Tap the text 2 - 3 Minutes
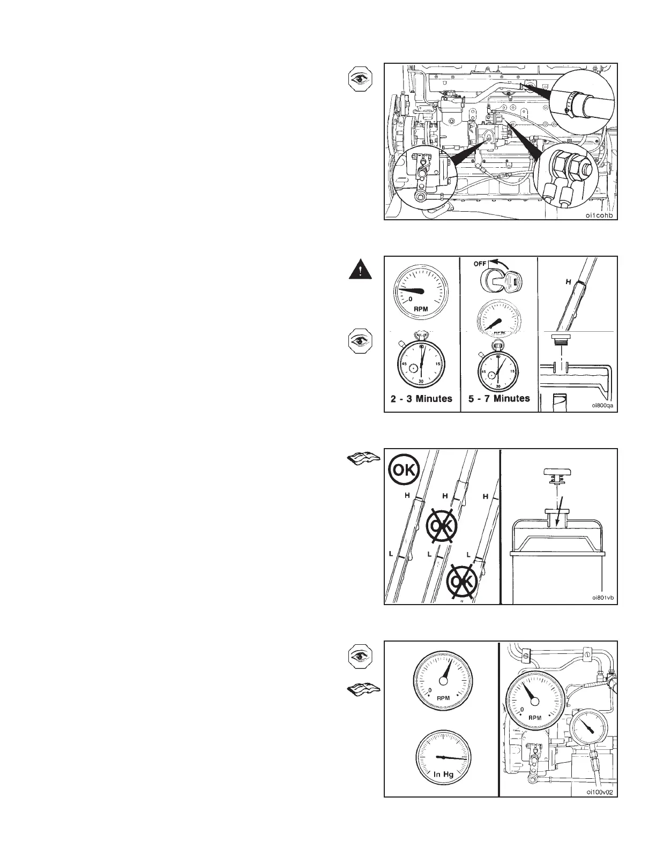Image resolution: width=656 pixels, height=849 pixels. tap(422, 399)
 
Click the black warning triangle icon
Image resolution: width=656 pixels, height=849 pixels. tap(359, 269)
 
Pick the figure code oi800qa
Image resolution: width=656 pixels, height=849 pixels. tap(601, 406)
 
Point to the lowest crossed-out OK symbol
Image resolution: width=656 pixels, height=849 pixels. tap(461, 582)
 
